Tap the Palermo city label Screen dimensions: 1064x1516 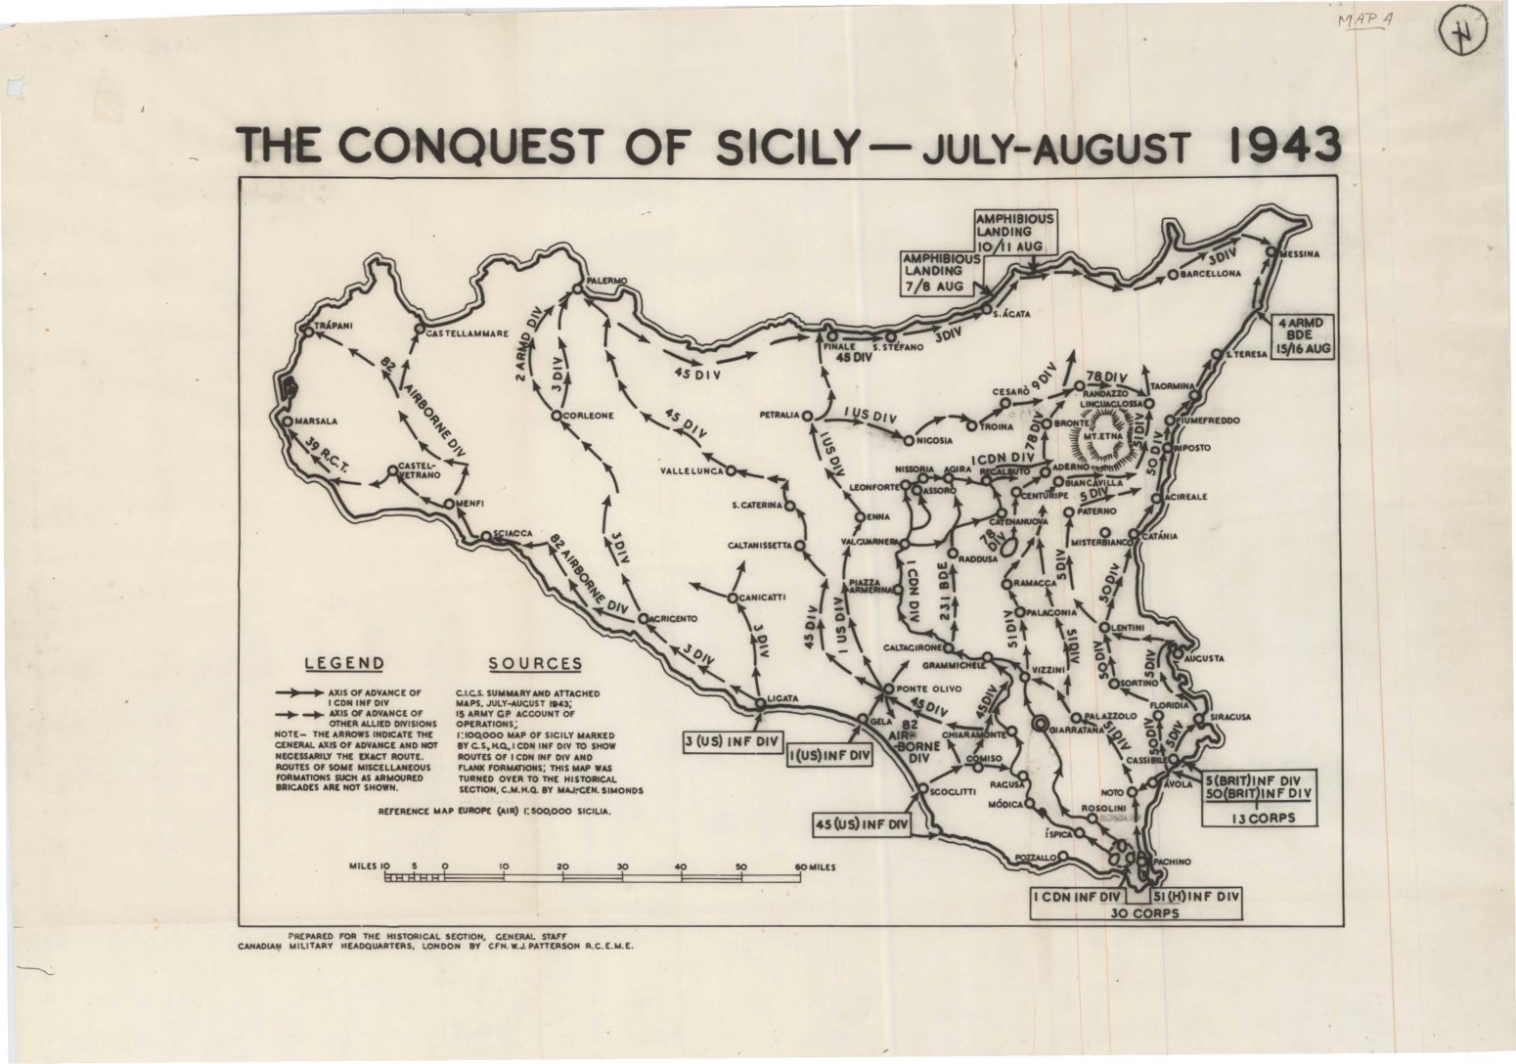click(605, 282)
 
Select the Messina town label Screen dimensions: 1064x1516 click(1302, 254)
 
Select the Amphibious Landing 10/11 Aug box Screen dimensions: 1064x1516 click(1014, 233)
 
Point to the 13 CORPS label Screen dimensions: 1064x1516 click(1257, 818)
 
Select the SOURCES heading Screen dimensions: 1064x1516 click(535, 663)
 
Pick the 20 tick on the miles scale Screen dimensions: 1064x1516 click(562, 866)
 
